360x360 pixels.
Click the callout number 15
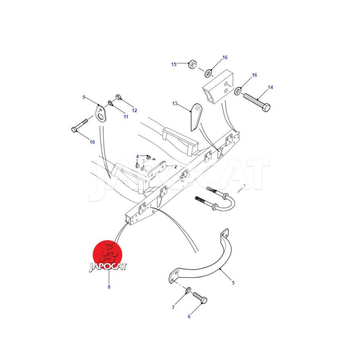pos(174,64)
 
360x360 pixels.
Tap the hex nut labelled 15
pos(192,64)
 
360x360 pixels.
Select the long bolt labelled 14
pos(256,100)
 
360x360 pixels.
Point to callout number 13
pos(175,103)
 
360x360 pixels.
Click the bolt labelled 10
pos(80,126)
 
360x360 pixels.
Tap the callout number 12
pos(134,110)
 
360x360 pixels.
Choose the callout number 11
pos(126,117)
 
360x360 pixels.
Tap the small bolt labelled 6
pos(200,298)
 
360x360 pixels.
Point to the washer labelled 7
pos(188,290)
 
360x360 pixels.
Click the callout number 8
pos(109,287)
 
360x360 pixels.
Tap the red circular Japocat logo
pos(108,255)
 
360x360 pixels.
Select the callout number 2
pos(175,167)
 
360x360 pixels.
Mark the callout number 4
pos(137,157)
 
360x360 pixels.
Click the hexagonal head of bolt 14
pos(266,108)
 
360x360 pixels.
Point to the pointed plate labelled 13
pos(196,117)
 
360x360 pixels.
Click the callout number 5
pos(233,283)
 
